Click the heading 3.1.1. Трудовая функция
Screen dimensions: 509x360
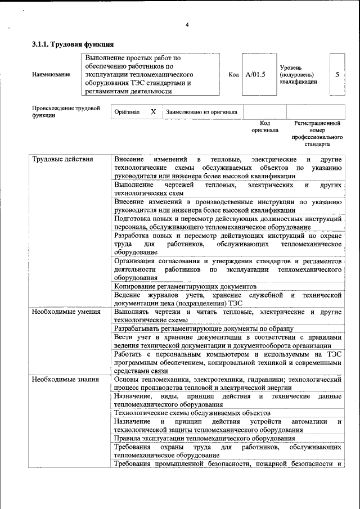pyautogui.click(x=73, y=44)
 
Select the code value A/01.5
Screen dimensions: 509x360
pyautogui.click(x=255, y=74)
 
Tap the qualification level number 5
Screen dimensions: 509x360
pyautogui.click(x=337, y=74)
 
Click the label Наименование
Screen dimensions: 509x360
pyautogui.click(x=51, y=74)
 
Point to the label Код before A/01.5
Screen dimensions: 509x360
pyautogui.click(x=234, y=74)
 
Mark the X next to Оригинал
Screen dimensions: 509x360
pyautogui.click(x=153, y=112)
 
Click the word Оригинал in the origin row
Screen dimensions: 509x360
pyautogui.click(x=127, y=112)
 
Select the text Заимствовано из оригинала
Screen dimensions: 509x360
pyautogui.click(x=201, y=112)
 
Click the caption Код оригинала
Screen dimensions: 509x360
pyautogui.click(x=264, y=127)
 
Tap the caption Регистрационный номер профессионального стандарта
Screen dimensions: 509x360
pyautogui.click(x=317, y=133)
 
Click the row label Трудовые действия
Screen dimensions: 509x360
pyautogui.click(x=62, y=159)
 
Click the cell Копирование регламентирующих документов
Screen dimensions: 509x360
pyautogui.click(x=185, y=286)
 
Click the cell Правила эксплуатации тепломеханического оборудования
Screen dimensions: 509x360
pyautogui.click(x=204, y=438)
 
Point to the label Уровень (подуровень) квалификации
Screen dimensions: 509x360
pyautogui.click(x=298, y=74)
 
